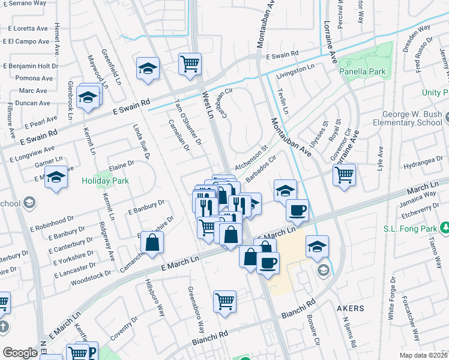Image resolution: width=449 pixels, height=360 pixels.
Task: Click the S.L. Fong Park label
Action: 411,228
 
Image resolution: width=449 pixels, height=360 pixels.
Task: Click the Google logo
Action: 20,353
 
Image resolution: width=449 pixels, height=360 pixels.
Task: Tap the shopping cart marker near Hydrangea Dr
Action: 344,175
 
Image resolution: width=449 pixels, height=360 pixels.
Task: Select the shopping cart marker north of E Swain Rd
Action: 190,64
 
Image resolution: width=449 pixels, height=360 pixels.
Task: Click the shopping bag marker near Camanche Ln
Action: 153,242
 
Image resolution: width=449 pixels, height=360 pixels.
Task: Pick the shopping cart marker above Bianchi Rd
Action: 224,301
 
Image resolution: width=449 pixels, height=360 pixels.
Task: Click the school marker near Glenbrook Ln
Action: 88,97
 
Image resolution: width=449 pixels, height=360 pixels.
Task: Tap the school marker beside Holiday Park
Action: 56,178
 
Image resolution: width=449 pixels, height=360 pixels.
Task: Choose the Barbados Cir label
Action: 261,167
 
